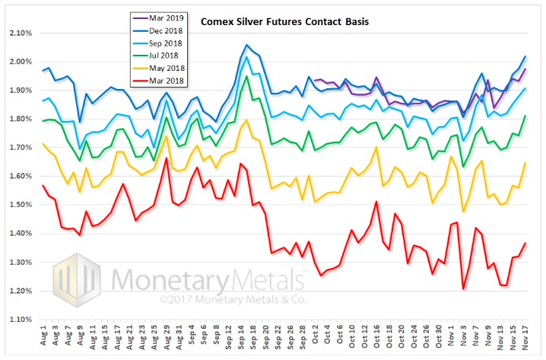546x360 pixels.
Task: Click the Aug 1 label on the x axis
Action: tap(43, 339)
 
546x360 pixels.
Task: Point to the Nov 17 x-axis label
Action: tap(525, 339)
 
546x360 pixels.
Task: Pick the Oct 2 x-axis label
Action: tap(316, 339)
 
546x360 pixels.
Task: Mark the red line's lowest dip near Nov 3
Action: tap(463, 289)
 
